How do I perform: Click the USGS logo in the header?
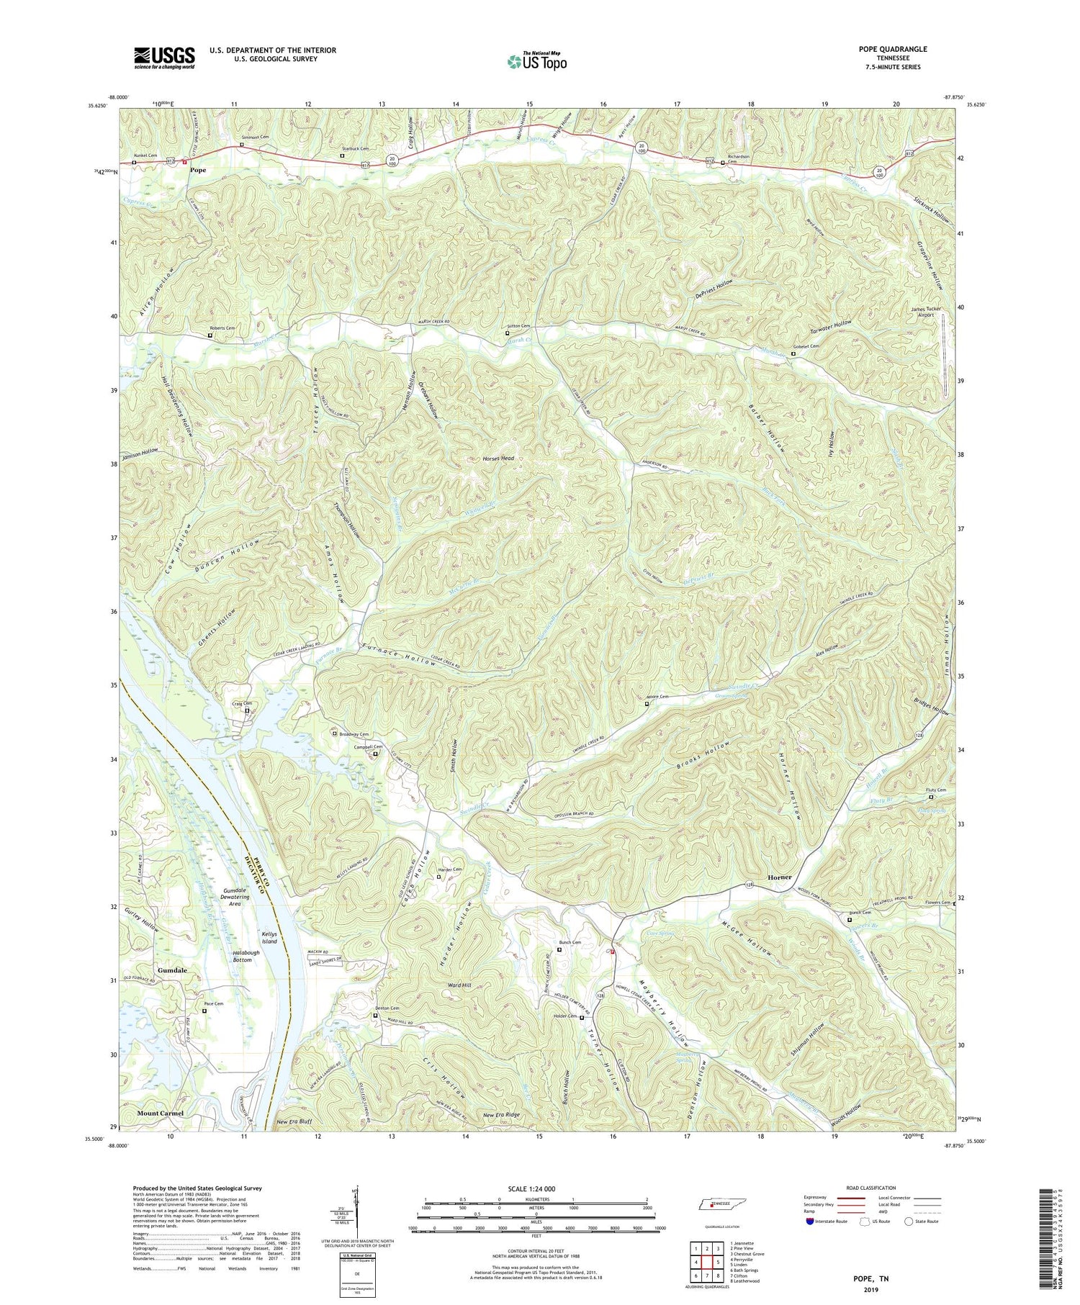(164, 57)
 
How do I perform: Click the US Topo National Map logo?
(536, 61)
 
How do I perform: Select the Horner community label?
(779, 877)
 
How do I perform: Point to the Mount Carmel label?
(160, 1113)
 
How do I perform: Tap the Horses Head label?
(502, 459)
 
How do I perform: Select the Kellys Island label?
(269, 936)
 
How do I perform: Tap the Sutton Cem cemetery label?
(520, 326)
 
